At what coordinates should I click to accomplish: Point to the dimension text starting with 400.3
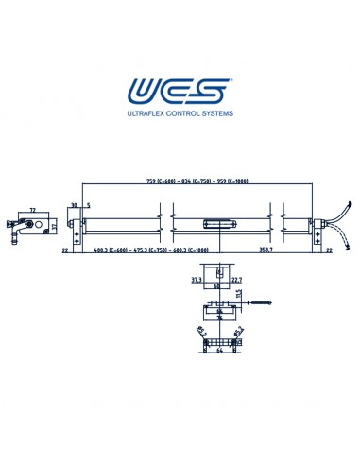[x=151, y=250]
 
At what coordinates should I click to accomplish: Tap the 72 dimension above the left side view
[x=32, y=210]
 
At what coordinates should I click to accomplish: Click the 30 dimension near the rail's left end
[x=73, y=205]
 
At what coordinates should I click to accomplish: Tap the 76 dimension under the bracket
[x=218, y=318]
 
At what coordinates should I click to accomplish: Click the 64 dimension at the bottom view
[x=218, y=351]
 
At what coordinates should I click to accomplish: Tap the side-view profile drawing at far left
[x=30, y=226]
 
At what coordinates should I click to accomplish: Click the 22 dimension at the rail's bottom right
[x=328, y=250]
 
